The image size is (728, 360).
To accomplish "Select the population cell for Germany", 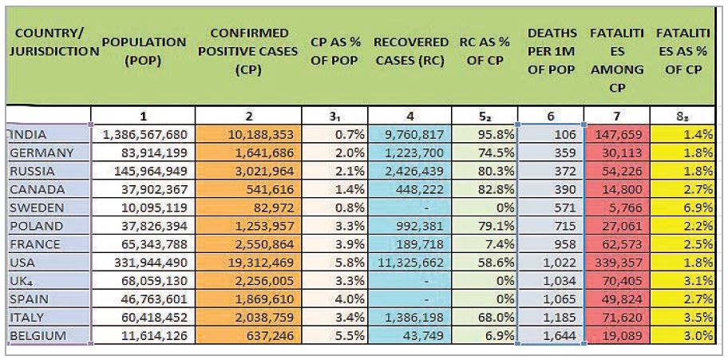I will tap(143, 152).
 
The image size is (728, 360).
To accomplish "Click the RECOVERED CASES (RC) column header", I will tap(410, 51).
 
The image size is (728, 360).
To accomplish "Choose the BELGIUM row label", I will tap(38, 337).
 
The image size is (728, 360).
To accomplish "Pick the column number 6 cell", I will tap(550, 116).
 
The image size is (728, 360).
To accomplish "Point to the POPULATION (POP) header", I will tap(144, 51).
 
